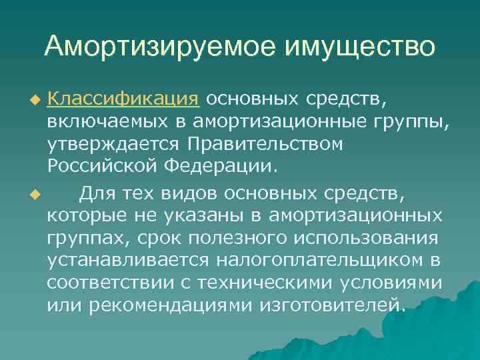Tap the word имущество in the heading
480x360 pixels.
pos(360,47)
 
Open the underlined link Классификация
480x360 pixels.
pos(123,100)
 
